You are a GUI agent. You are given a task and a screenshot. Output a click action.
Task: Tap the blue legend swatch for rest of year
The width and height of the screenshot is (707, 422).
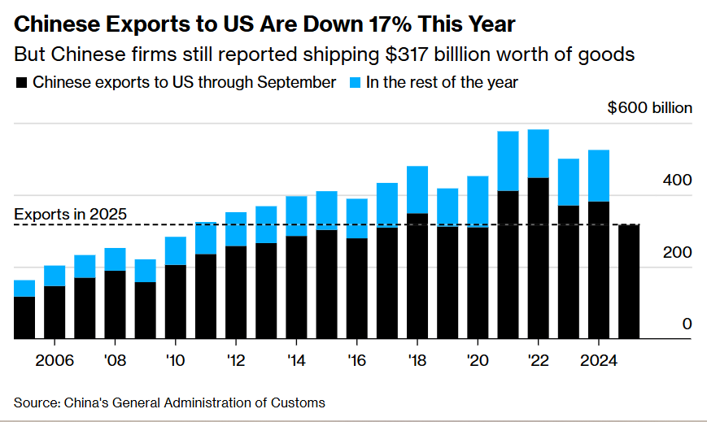[356, 82]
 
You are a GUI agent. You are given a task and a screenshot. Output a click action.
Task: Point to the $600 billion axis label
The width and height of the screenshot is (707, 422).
[649, 108]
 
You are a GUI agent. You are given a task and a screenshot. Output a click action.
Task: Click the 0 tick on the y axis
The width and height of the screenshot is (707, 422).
[687, 324]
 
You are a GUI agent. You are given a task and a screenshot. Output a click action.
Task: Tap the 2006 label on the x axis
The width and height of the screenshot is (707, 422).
[55, 360]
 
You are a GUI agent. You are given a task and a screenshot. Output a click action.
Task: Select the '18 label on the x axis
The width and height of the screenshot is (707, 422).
[417, 360]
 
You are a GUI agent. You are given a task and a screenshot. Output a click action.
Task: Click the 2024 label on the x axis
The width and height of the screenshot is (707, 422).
[599, 360]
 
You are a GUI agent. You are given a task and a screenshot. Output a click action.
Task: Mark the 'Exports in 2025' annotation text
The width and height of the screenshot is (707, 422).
[71, 215]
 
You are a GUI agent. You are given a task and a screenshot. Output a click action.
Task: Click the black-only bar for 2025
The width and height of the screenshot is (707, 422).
[629, 281]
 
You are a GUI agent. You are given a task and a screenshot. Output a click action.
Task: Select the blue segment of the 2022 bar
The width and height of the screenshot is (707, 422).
[539, 154]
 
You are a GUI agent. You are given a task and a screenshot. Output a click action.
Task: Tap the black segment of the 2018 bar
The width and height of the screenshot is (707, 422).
[417, 276]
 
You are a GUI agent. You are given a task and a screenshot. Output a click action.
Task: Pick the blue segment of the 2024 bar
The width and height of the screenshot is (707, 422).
[599, 176]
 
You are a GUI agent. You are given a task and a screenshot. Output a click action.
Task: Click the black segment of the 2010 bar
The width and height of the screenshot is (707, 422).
[176, 302]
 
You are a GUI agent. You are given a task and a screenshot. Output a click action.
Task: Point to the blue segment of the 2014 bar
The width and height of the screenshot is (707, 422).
[297, 215]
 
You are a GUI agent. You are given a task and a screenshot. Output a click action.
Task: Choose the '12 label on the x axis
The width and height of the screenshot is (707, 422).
[236, 360]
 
